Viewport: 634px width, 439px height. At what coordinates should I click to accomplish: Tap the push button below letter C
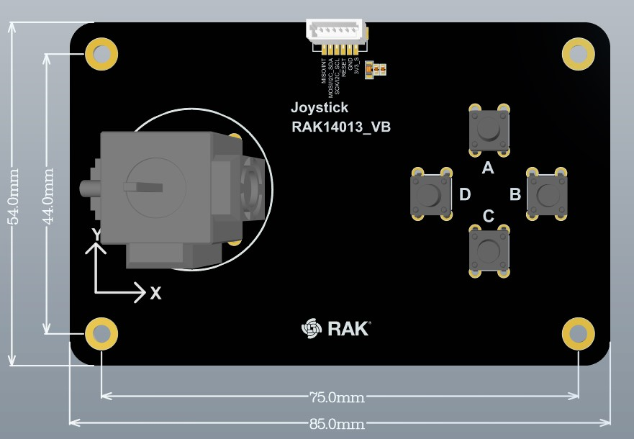coord(489,251)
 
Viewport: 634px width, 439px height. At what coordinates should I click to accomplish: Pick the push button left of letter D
coord(430,194)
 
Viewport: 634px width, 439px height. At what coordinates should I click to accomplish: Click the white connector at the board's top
coord(337,32)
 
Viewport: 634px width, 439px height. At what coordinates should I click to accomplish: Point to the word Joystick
coord(320,108)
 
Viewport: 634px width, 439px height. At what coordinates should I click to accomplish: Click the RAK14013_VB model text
coord(340,127)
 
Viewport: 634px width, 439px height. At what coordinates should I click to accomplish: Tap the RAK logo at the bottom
coord(335,328)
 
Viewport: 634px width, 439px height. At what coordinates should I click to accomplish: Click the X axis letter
coord(155,293)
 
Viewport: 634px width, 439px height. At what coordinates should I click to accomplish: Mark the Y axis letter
coord(96,235)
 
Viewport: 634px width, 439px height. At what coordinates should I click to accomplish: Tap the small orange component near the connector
coord(376,69)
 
